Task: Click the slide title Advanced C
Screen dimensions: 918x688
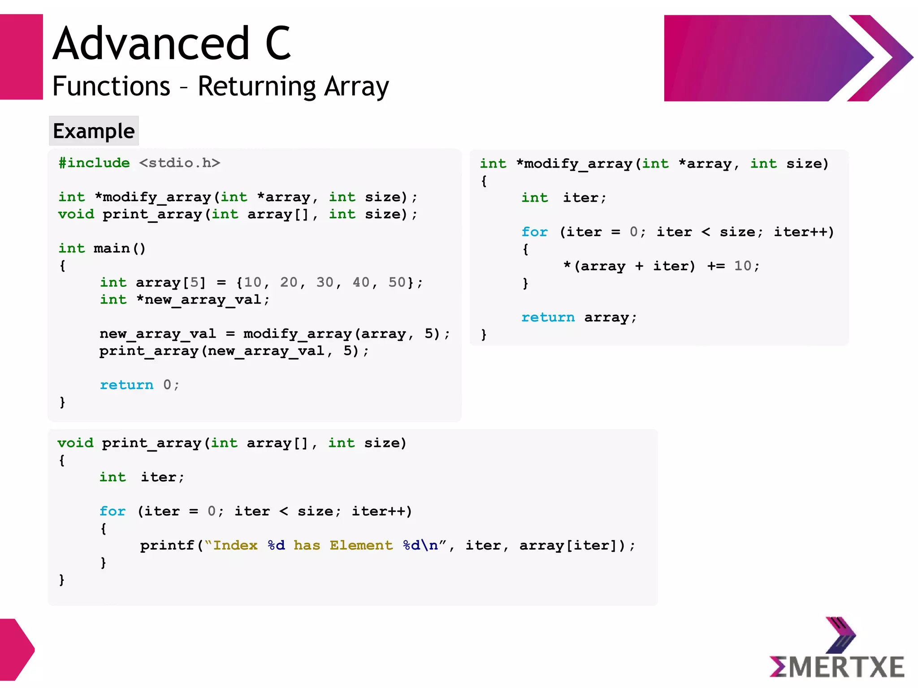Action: [x=172, y=43]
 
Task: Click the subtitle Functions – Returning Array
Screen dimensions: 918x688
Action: [x=221, y=86]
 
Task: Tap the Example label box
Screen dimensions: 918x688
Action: [x=94, y=131]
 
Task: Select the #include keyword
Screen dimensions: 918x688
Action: [x=94, y=163]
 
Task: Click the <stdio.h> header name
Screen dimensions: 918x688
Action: [x=179, y=163]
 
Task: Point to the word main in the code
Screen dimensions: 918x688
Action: [x=112, y=248]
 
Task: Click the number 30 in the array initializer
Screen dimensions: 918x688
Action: [x=325, y=282]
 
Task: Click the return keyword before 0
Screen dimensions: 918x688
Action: [x=126, y=385]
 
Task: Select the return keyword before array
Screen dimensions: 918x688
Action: [x=548, y=317]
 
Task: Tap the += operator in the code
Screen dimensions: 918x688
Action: [x=716, y=266]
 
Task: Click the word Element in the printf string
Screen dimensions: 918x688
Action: [x=361, y=545]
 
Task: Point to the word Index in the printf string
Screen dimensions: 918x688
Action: [x=235, y=545]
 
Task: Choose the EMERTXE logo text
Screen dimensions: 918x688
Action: [x=836, y=667]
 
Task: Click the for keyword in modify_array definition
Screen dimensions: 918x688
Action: [x=534, y=232]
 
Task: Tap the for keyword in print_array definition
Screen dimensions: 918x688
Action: [x=113, y=511]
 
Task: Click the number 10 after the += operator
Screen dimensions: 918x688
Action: [x=743, y=266]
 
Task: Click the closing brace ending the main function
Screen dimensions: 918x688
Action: [x=62, y=402]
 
